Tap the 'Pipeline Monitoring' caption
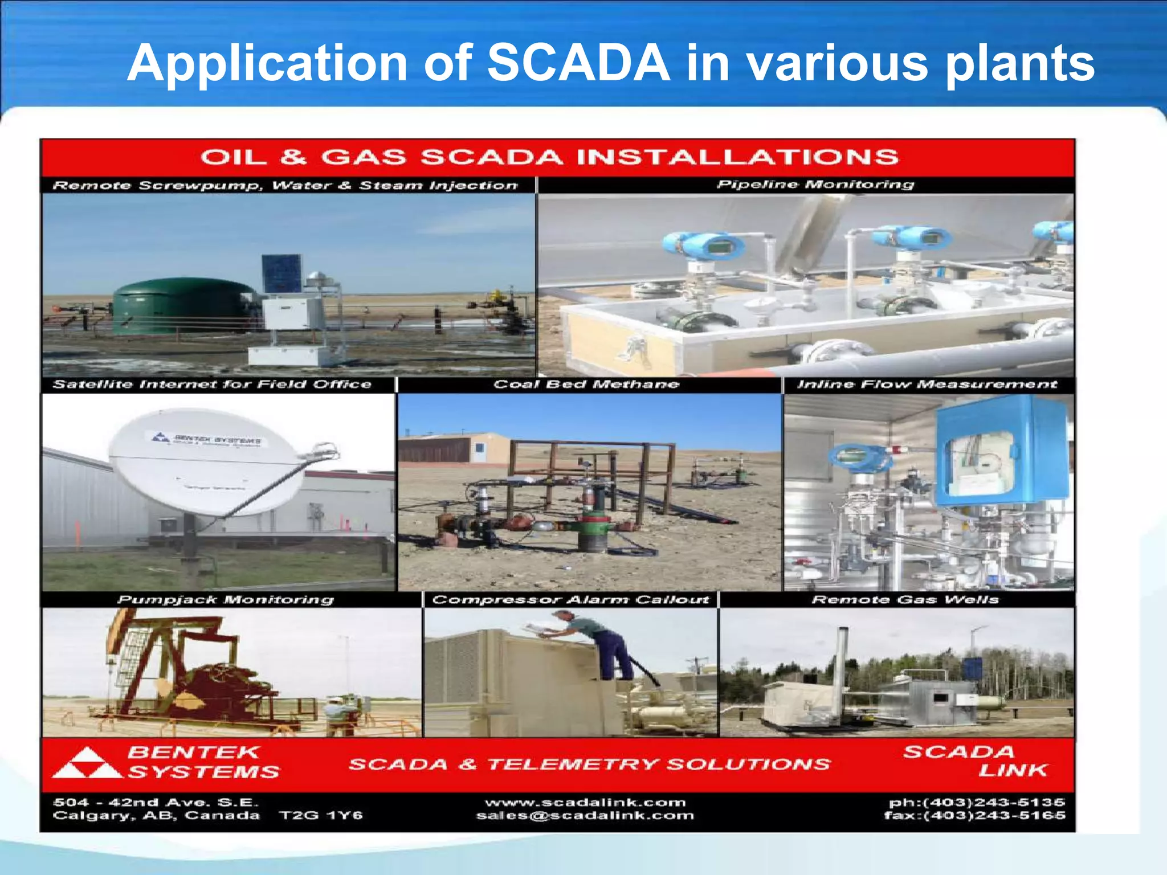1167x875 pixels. coord(815,185)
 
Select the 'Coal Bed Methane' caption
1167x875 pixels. coord(586,385)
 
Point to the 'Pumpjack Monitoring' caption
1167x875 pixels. coord(226,600)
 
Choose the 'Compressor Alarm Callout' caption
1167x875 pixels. coord(570,600)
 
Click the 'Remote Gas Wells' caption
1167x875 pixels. coord(905,600)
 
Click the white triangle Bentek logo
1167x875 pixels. coord(87,764)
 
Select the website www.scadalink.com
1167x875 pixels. coord(585,803)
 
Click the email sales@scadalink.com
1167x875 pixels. coord(585,816)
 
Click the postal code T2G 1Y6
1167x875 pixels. coord(321,816)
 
